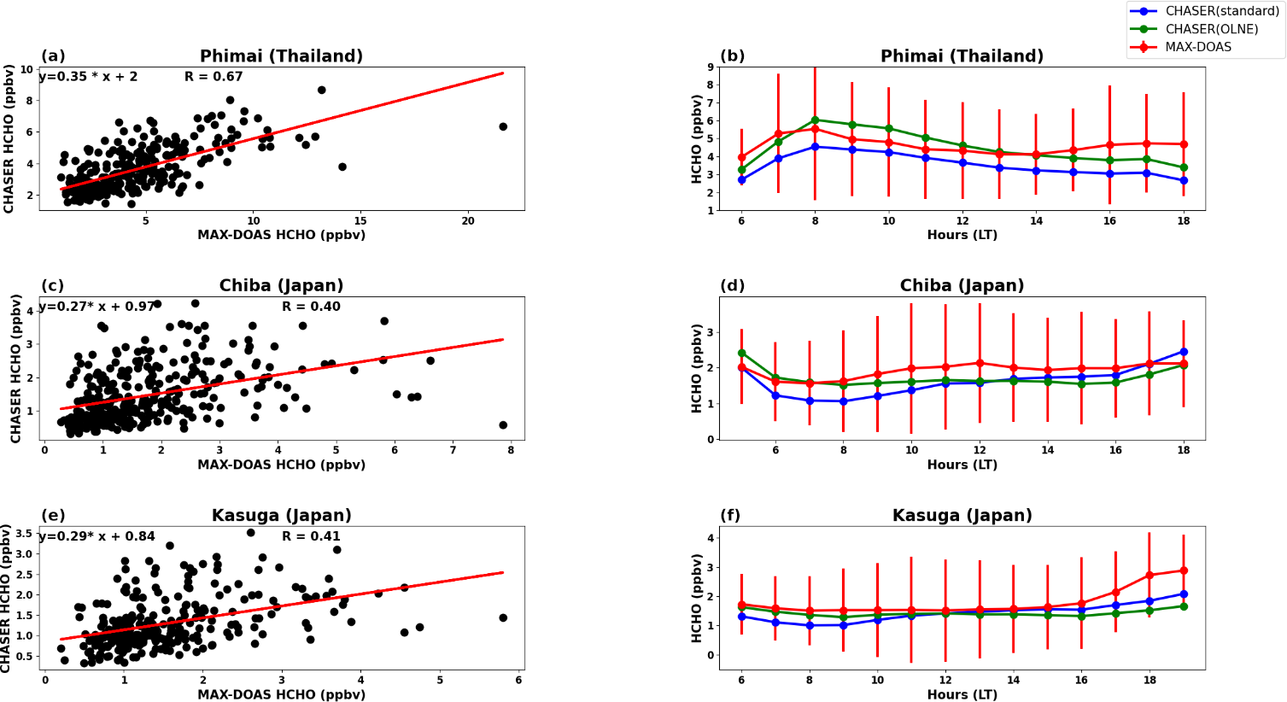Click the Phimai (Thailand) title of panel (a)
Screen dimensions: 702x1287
click(281, 56)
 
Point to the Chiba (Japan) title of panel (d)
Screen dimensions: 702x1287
click(962, 286)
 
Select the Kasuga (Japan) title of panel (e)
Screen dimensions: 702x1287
click(281, 516)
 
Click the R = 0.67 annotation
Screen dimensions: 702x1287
click(214, 77)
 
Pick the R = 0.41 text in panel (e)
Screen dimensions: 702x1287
click(311, 536)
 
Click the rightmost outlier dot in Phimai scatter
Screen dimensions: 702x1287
click(503, 126)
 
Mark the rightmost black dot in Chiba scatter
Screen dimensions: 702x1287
click(503, 425)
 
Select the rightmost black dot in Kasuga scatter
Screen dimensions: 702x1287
click(503, 617)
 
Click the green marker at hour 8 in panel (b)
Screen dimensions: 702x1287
click(815, 120)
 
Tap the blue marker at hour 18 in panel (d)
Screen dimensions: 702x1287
click(1184, 352)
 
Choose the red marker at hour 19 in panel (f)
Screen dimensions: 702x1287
click(1184, 570)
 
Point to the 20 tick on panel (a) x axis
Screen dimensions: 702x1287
click(468, 221)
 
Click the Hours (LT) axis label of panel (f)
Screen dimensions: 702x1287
click(962, 694)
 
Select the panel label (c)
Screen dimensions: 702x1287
click(52, 286)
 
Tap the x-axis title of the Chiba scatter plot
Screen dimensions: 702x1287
click(281, 465)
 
